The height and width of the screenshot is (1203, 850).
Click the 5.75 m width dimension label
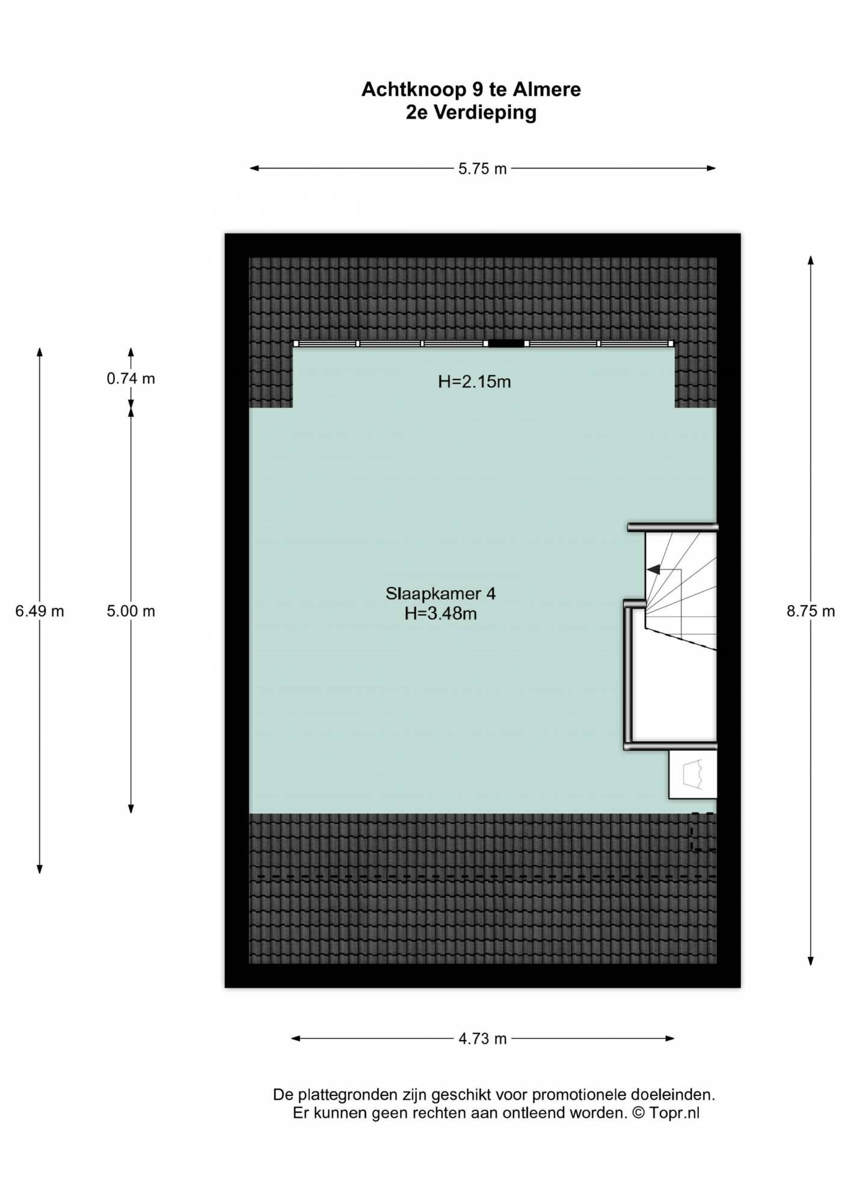(x=482, y=169)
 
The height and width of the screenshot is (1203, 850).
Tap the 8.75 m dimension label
(x=810, y=611)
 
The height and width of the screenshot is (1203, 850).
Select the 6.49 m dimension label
(x=40, y=611)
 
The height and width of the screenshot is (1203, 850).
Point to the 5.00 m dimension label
(x=131, y=611)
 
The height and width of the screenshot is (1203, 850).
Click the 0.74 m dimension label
(x=131, y=378)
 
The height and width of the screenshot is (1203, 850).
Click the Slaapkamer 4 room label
(x=440, y=594)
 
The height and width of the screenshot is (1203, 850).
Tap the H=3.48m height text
(x=440, y=614)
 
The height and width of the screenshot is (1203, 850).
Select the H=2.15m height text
(x=475, y=381)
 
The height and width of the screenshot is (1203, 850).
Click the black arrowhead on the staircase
(x=653, y=569)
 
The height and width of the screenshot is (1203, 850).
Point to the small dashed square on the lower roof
(x=703, y=831)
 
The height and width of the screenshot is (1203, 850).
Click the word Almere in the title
(x=547, y=90)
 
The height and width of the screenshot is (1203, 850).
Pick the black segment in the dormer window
(x=506, y=343)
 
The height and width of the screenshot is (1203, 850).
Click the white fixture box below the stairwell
(x=693, y=774)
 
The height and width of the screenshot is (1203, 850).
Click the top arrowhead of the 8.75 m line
(x=811, y=260)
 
